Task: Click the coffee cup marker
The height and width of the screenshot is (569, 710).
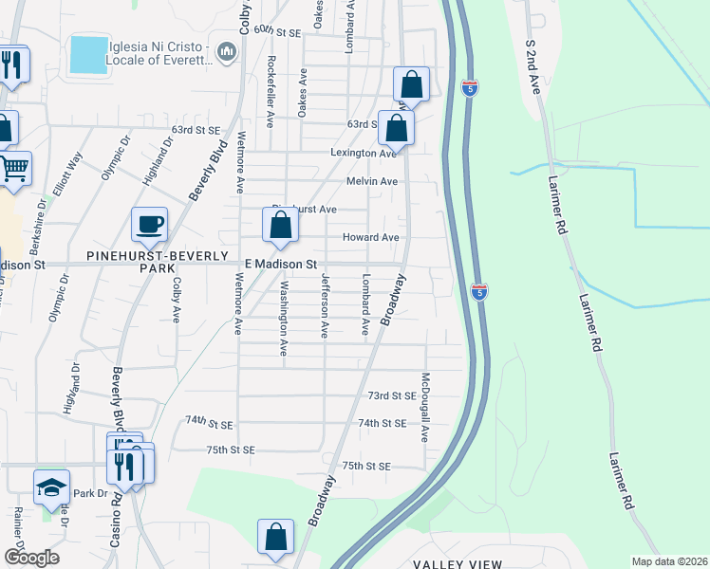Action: click(x=149, y=226)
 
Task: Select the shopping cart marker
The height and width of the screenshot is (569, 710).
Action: click(x=13, y=170)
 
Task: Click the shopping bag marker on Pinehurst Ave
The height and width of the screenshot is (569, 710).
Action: click(x=280, y=226)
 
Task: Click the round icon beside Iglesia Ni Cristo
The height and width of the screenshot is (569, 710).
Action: click(x=227, y=51)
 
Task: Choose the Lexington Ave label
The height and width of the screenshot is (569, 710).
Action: click(x=362, y=154)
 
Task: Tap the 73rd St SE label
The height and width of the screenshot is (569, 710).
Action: click(x=392, y=395)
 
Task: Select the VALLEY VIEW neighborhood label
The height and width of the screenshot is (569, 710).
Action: click(x=458, y=564)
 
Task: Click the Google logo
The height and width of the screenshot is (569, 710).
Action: click(x=31, y=557)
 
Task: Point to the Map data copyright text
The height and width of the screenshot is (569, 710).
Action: click(x=669, y=561)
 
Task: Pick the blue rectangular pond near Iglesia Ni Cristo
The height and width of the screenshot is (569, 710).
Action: click(x=88, y=55)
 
